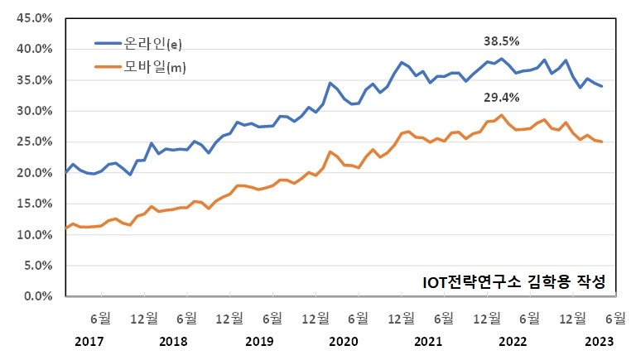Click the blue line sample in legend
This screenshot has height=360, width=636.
click(x=108, y=42)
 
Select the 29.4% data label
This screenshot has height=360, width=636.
click(x=502, y=98)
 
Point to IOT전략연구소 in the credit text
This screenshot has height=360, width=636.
click(x=466, y=281)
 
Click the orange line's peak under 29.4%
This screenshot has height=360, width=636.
click(x=501, y=115)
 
